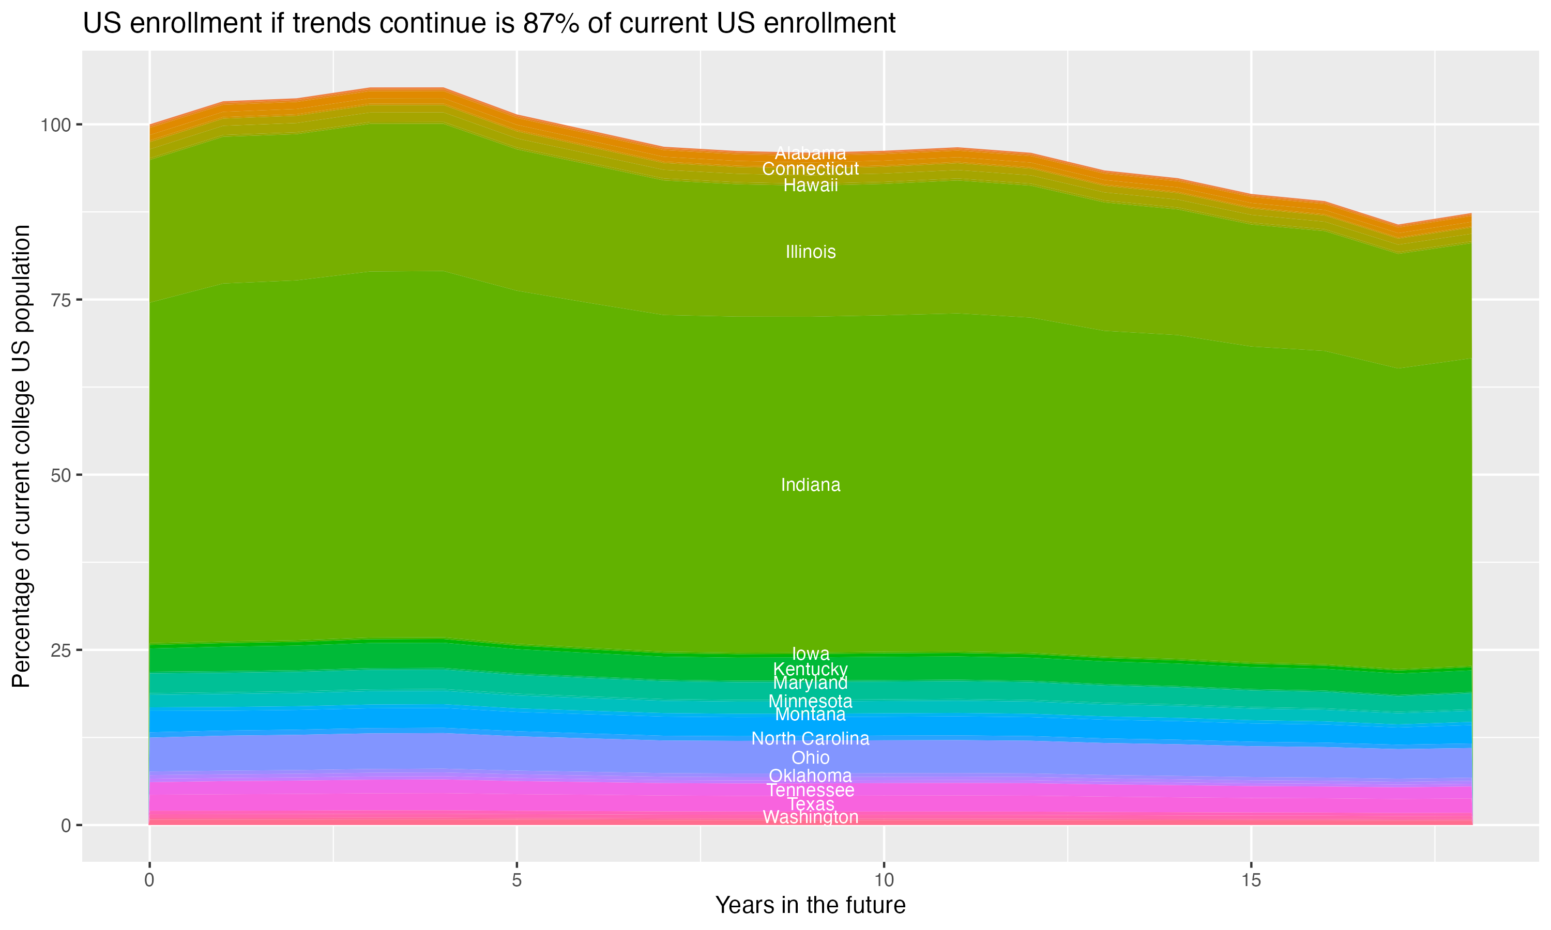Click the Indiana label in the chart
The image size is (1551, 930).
810,485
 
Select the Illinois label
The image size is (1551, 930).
810,252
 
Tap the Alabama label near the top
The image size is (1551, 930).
810,153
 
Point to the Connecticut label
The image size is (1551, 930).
810,168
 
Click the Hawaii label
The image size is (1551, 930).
810,185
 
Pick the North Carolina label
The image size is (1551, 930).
810,738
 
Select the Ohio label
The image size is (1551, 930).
810,757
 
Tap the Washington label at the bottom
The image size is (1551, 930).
810,817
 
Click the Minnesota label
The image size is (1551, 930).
810,701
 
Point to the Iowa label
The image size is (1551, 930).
810,654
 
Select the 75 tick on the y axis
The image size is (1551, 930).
58,300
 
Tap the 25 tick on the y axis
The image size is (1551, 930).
58,650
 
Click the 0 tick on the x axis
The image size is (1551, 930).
149,880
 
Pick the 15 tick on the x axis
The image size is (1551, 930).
1251,880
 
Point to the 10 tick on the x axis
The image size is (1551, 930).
884,880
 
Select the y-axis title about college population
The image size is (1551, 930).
21,456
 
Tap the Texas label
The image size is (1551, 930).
810,804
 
